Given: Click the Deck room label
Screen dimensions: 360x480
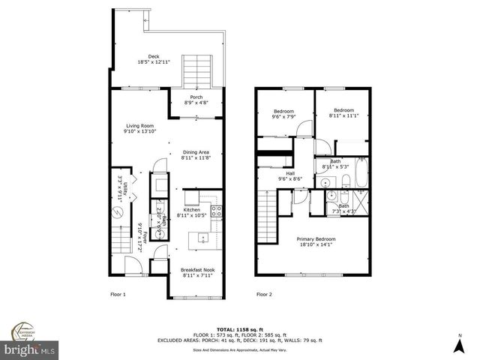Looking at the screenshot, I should [153, 59].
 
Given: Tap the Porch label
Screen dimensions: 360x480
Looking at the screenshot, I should [196, 100].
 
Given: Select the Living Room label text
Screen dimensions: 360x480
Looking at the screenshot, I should [140, 128].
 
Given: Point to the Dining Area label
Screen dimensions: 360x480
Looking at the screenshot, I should [195, 155].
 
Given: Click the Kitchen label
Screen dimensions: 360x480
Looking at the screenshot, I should [191, 212].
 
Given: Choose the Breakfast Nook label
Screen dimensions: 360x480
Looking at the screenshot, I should [197, 272].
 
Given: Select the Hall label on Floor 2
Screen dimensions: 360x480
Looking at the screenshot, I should [289, 176].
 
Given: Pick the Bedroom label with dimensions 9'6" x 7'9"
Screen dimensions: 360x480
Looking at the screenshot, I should [284, 113].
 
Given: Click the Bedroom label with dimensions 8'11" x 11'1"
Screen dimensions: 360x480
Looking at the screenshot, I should [343, 113].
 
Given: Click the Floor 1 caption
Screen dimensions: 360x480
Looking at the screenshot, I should [118, 295].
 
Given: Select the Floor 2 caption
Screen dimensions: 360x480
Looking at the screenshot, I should [264, 295].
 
